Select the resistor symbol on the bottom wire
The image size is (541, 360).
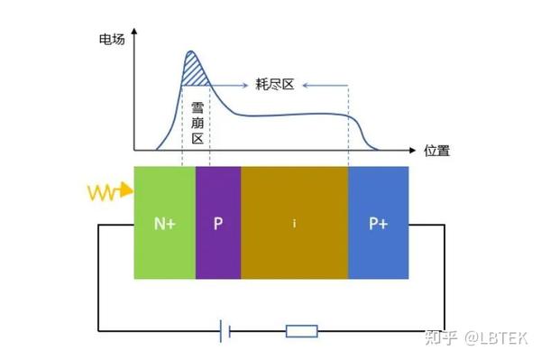pos(301,331)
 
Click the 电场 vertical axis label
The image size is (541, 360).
pos(112,41)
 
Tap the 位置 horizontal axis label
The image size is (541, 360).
pos(436,152)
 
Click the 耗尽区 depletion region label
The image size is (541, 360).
pos(276,86)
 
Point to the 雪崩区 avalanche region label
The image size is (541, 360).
pos(197,125)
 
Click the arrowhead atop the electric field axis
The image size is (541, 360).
pos(135,38)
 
